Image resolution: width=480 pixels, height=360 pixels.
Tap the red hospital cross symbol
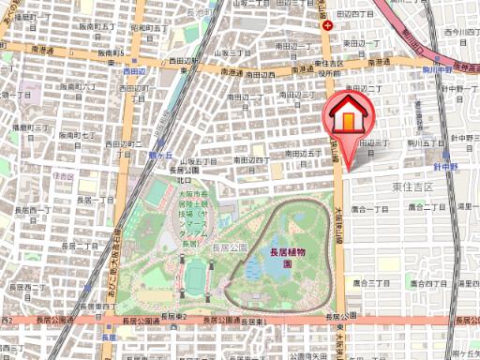[327, 26]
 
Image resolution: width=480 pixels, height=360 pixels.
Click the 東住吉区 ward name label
[412, 187]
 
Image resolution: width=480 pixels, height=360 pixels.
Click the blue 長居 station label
[108, 337]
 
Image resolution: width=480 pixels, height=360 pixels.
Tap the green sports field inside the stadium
[195, 275]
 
